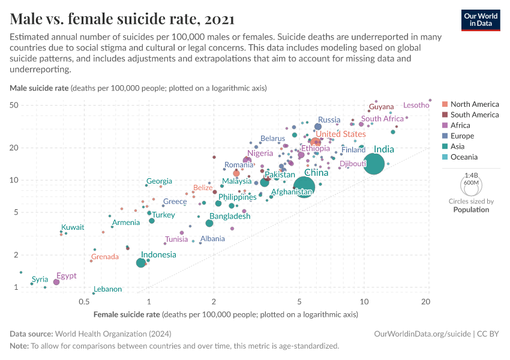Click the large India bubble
tap(374, 164)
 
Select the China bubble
tap(304, 187)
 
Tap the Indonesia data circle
tap(141, 263)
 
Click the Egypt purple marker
tap(56, 282)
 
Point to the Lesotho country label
tap(416, 106)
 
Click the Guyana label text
tap(381, 107)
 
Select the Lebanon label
tap(108, 289)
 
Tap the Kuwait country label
tap(73, 227)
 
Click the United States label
tap(341, 134)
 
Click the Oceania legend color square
tap(445, 157)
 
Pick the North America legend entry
tap(474, 104)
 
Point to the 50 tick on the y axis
tap(14, 105)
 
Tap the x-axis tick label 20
tap(426, 302)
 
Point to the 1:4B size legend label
tap(471, 176)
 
